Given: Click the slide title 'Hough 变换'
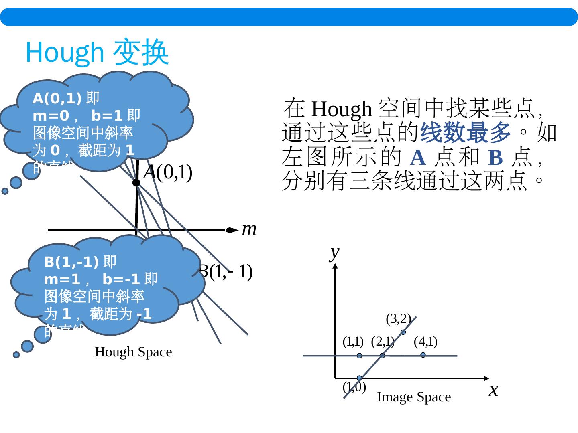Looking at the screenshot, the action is (97, 53).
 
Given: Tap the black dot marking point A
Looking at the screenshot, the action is (136, 183).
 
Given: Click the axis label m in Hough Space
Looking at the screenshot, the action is (249, 229).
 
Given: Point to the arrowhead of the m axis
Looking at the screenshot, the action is (232, 230).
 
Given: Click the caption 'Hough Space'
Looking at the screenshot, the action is (133, 352).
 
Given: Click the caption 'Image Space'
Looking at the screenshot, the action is (413, 397).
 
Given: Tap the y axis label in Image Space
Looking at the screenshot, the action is (334, 253).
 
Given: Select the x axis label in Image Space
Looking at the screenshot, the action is (493, 389).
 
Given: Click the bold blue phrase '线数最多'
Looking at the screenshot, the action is (465, 133).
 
